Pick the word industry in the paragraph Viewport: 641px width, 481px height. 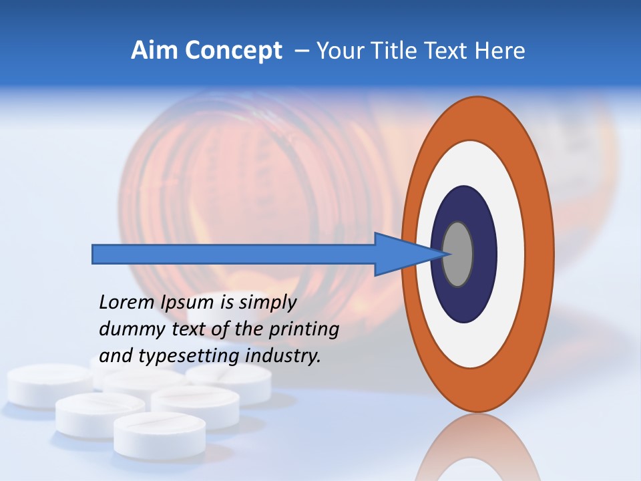pos(283,356)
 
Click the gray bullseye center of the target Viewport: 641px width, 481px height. pos(458,254)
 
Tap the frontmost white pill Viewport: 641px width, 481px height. pos(160,434)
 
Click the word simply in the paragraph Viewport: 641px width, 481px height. pos(267,303)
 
